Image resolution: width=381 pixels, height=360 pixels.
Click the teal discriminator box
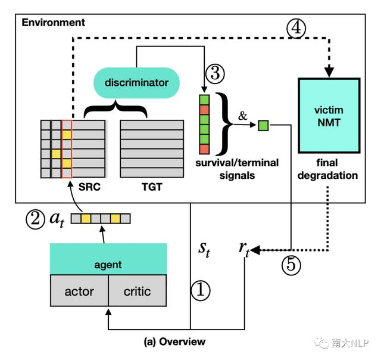tap(136, 83)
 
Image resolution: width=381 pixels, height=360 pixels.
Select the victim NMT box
tap(329, 114)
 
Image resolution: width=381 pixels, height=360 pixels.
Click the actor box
tap(79, 292)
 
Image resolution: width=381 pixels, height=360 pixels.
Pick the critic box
tap(137, 292)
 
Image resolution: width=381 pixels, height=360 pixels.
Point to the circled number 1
tap(201, 290)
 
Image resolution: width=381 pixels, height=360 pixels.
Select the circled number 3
tap(214, 74)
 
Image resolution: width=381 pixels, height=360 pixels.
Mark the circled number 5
tap(292, 263)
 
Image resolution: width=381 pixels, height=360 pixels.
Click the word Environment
tap(53, 23)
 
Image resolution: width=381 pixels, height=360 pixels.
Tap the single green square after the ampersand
tap(263, 125)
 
